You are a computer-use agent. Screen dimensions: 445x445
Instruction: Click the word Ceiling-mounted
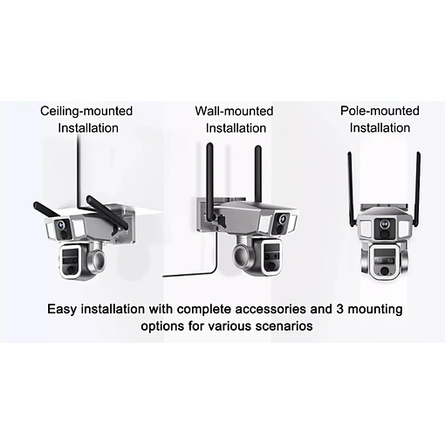pyautogui.click(x=86, y=112)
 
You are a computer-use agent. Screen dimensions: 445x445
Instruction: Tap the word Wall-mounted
pyautogui.click(x=234, y=111)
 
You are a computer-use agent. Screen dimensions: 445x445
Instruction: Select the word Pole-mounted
pyautogui.click(x=380, y=111)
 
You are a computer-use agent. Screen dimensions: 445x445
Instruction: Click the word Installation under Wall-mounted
pyautogui.click(x=236, y=128)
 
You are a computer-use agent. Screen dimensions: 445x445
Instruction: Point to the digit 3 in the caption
pyautogui.click(x=340, y=309)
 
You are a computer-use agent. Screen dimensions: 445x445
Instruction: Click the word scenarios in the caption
pyautogui.click(x=284, y=326)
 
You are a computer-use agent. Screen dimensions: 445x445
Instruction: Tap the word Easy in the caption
pyautogui.click(x=62, y=310)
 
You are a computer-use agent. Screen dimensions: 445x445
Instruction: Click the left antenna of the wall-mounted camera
pyautogui.click(x=209, y=183)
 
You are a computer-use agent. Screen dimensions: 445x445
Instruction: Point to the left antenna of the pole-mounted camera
pyautogui.click(x=352, y=189)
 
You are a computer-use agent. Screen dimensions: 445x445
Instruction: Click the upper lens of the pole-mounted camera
pyautogui.click(x=385, y=224)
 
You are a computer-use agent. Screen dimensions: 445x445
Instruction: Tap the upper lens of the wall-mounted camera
pyautogui.click(x=282, y=218)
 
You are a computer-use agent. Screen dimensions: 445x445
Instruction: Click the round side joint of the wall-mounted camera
pyautogui.click(x=242, y=255)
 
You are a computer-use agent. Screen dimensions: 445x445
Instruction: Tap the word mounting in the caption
pyautogui.click(x=375, y=310)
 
